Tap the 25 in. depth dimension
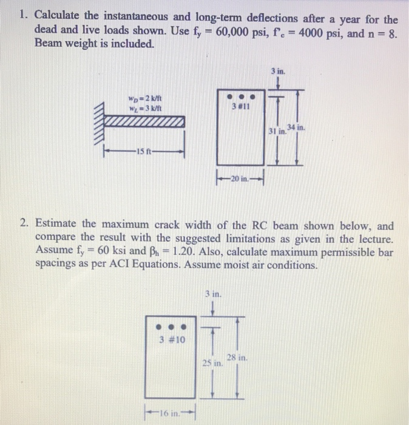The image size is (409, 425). pyautogui.click(x=209, y=362)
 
